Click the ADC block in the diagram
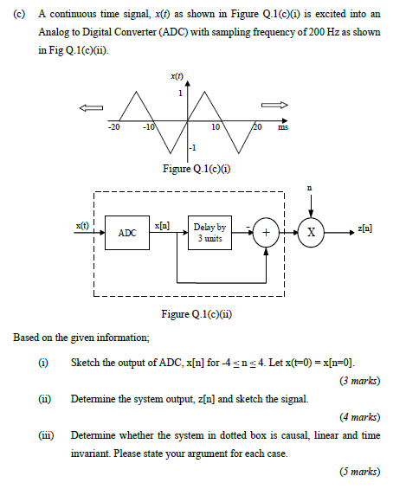click(127, 233)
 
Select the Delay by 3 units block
click(210, 233)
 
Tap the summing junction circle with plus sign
click(266, 234)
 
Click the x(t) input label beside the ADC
click(82, 225)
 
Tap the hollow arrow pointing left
click(90, 107)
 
